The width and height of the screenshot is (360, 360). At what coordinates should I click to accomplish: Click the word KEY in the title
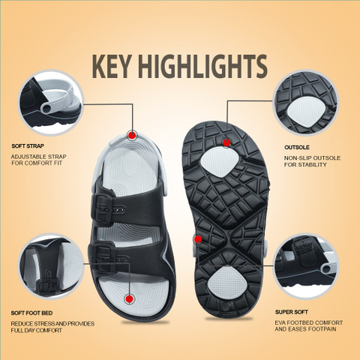pos(112,66)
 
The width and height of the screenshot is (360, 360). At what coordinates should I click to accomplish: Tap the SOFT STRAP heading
pos(28,146)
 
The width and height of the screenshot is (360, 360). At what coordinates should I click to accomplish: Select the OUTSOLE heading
pos(297,148)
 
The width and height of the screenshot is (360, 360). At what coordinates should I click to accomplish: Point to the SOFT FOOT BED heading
pos(31,313)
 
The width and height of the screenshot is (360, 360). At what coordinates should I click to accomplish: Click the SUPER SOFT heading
pos(292,312)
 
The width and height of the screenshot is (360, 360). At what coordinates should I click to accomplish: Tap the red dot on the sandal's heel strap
pos(132,135)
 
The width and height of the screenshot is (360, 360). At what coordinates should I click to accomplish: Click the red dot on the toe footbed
pos(130,298)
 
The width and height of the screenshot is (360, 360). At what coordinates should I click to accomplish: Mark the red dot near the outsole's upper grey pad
pos(226,142)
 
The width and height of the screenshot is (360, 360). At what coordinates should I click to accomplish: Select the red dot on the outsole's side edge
pos(198,239)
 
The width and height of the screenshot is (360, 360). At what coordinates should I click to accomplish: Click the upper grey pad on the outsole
pos(220,162)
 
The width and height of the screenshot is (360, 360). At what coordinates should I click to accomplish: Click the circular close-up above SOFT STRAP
pos(51,103)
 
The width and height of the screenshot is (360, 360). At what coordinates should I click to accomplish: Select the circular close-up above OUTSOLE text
pos(305,103)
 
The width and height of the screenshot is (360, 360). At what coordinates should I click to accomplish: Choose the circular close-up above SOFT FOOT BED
pos(51,266)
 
